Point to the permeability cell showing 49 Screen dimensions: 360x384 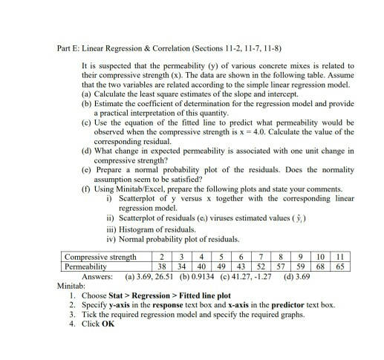[x=221, y=266]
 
